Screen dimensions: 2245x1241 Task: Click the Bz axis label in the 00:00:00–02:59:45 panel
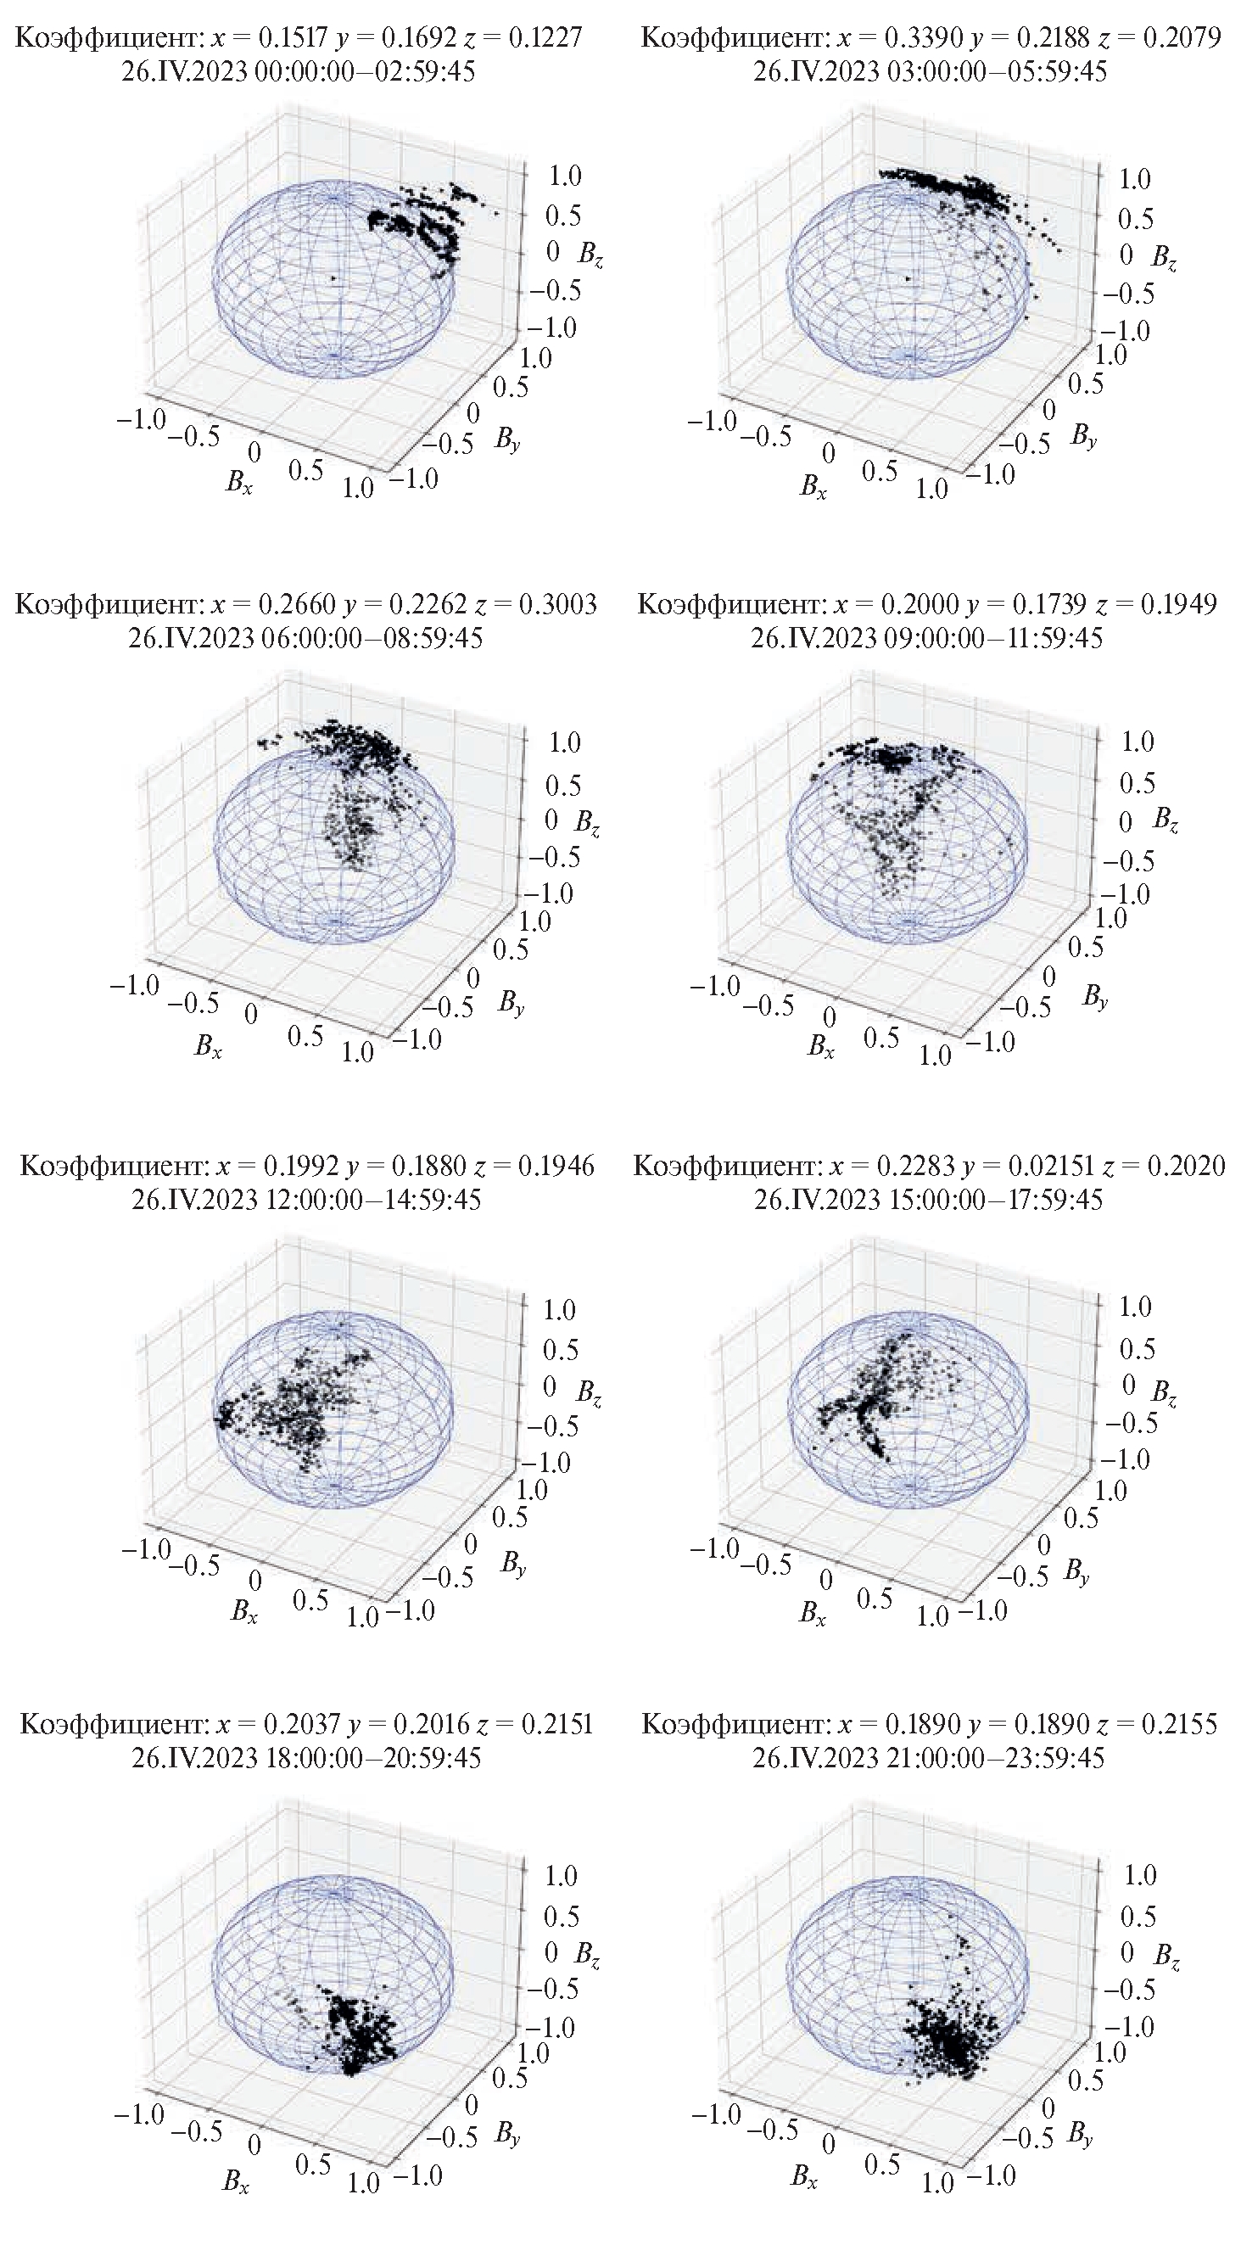(590, 255)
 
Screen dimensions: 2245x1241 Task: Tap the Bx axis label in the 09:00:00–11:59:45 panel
(820, 1047)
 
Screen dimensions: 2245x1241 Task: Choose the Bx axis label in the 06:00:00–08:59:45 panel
(208, 1047)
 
